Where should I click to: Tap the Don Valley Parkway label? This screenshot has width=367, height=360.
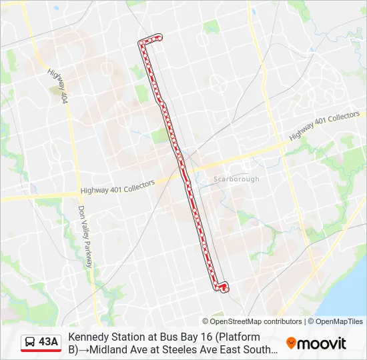click(86, 236)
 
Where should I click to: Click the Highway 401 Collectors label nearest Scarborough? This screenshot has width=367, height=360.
click(324, 127)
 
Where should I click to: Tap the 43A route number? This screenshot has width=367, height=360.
click(49, 342)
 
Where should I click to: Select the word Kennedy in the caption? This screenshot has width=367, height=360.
click(89, 337)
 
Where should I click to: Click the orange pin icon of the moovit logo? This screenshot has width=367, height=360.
click(291, 343)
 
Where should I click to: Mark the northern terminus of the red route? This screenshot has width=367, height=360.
click(160, 37)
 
